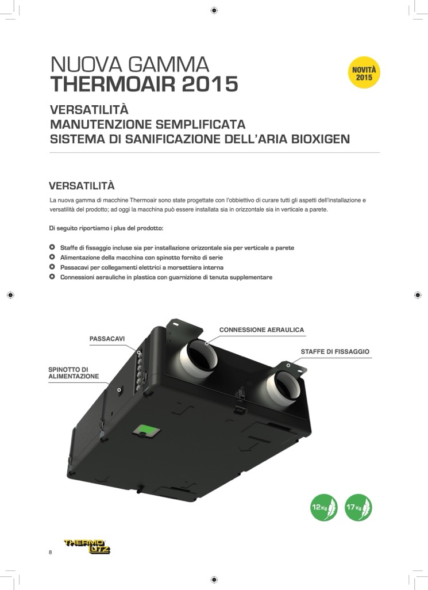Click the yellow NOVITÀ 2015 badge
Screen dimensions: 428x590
pos(364,73)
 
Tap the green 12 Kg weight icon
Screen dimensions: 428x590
pos(323,507)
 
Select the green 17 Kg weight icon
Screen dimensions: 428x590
pos(358,507)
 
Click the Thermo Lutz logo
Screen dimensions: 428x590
pos(87,546)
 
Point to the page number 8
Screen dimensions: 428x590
pos(51,553)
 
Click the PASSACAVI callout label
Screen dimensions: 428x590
pos(107,339)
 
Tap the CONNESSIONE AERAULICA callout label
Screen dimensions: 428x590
pos(261,330)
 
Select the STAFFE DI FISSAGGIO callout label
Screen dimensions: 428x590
pos(335,351)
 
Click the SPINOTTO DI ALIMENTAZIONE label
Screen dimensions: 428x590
pos(74,373)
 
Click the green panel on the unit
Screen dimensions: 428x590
pos(148,429)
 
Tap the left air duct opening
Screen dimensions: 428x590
pos(202,355)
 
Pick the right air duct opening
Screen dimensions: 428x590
pos(288,386)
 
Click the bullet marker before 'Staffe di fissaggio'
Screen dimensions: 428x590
pos(52,247)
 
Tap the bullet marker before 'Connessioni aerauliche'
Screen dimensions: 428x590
pos(52,277)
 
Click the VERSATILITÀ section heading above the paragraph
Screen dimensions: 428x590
pos(82,186)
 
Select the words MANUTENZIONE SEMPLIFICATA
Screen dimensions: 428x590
pos(148,124)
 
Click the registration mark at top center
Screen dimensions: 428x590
pos(214,10)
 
